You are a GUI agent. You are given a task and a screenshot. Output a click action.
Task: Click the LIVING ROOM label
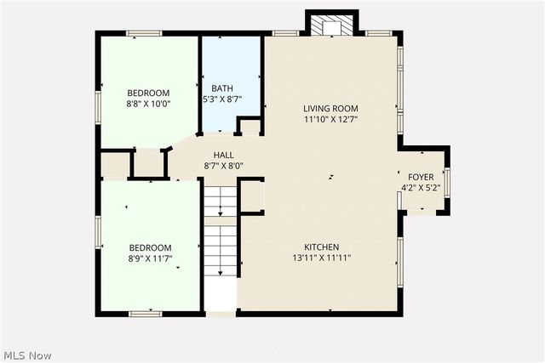(330, 108)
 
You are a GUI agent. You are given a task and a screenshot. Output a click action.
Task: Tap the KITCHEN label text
(323, 246)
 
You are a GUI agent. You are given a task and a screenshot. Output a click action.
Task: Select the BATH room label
(222, 88)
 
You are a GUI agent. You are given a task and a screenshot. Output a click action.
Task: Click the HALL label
(224, 155)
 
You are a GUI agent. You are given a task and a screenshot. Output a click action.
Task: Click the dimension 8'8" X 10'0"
(148, 105)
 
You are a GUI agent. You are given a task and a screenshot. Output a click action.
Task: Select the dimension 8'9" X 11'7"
(149, 258)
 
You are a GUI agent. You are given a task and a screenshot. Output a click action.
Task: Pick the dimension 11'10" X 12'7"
(330, 119)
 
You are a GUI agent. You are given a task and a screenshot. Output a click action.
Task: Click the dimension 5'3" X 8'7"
(223, 99)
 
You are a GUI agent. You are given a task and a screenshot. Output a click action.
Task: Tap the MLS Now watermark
(27, 354)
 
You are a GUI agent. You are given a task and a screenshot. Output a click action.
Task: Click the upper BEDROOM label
(148, 94)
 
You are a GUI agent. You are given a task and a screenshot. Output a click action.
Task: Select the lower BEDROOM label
(149, 247)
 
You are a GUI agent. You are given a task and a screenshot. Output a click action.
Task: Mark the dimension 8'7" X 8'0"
(224, 166)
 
